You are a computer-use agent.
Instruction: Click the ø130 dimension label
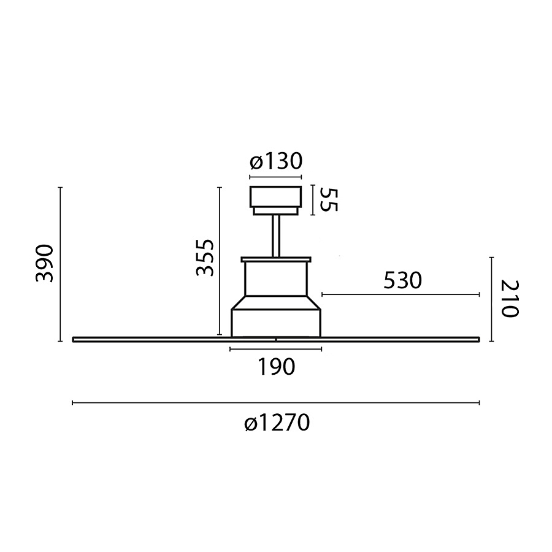[276, 161]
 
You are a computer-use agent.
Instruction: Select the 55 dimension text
[329, 200]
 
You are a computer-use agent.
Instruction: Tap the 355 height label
[204, 258]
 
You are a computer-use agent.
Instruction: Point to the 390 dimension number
[44, 263]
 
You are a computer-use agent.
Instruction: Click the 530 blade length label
[402, 281]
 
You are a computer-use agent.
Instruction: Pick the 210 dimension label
[510, 299]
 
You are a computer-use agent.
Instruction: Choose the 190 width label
[276, 367]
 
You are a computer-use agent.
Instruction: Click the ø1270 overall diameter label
[277, 423]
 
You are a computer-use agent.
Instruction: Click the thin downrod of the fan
[276, 236]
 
